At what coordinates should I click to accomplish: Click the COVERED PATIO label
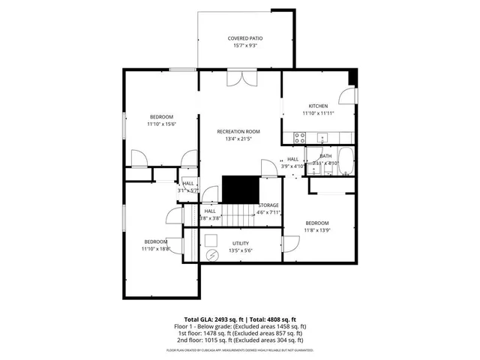(245, 38)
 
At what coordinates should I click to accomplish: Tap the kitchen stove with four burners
(299, 137)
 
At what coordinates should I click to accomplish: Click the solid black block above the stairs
(239, 187)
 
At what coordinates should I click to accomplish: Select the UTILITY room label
(241, 243)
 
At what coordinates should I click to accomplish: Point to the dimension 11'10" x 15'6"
(162, 124)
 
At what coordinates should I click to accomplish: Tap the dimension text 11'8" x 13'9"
(316, 229)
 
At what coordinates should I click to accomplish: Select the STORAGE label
(268, 205)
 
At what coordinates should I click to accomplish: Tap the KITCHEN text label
(319, 106)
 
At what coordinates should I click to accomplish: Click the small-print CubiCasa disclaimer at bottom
(240, 350)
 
